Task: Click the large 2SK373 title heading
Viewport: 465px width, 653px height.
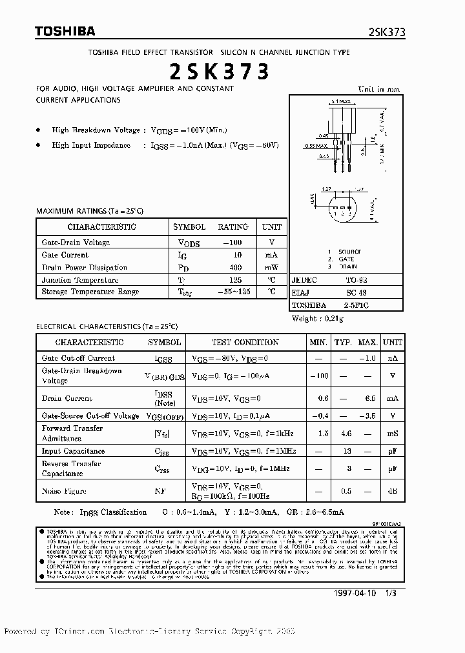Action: [x=219, y=72]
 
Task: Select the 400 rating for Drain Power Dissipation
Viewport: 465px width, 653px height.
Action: [x=235, y=267]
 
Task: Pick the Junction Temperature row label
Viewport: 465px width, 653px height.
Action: [x=80, y=280]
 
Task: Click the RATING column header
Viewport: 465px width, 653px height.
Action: [x=232, y=227]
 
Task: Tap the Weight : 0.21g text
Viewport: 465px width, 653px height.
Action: [x=318, y=319]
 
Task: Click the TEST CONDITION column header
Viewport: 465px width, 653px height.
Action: [x=245, y=342]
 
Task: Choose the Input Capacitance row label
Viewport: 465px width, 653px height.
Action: [x=73, y=450]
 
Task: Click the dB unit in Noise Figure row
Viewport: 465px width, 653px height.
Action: [x=391, y=491]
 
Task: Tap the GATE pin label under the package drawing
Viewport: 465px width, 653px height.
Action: [x=347, y=259]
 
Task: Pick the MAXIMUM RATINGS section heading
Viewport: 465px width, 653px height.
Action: [x=90, y=211]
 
